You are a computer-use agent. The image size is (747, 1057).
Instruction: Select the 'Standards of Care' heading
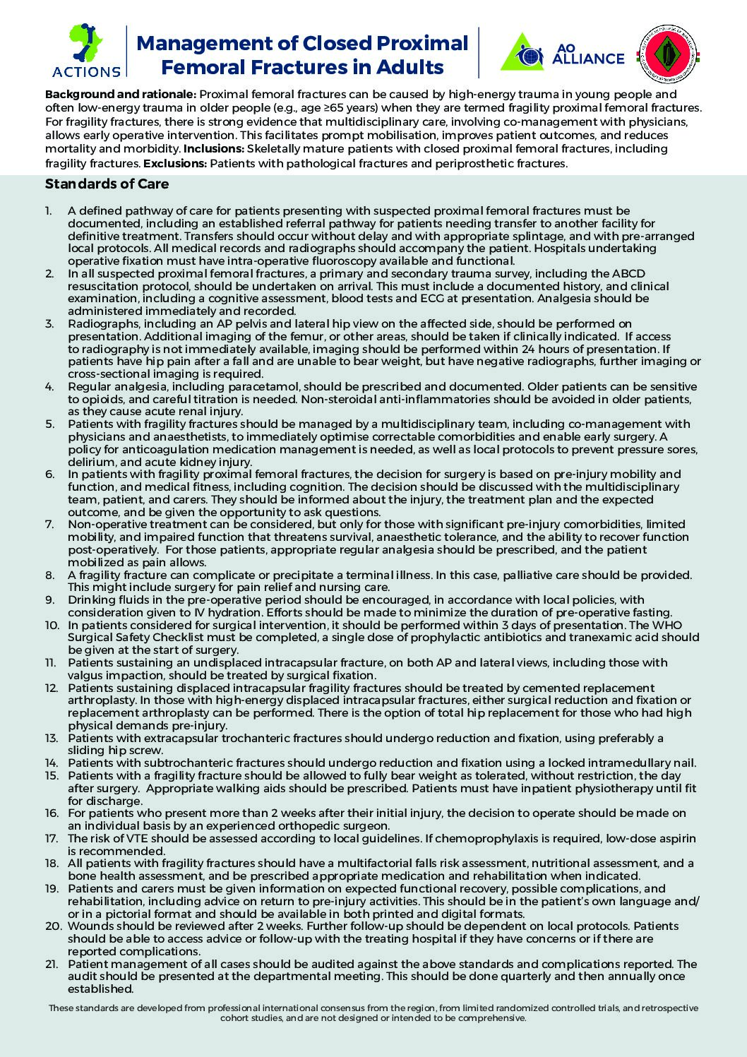pyautogui.click(x=107, y=184)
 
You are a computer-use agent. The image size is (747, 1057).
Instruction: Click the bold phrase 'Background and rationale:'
pyautogui.click(x=121, y=95)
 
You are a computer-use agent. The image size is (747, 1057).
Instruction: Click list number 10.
pyautogui.click(x=52, y=625)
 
